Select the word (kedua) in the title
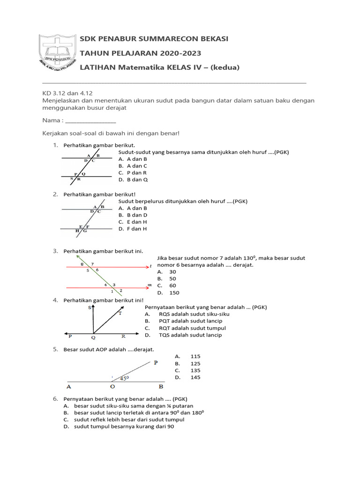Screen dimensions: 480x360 pyautogui.click(x=224, y=67)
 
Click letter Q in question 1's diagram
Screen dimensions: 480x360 pyautogui.click(x=84, y=174)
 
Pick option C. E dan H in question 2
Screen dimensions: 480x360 pyautogui.click(x=133, y=222)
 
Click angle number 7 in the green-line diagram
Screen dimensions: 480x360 pyautogui.click(x=92, y=264)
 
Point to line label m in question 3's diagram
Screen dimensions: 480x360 pyautogui.click(x=149, y=285)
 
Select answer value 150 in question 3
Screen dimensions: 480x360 pyautogui.click(x=174, y=292)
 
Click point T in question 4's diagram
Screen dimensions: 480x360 pyautogui.click(x=120, y=314)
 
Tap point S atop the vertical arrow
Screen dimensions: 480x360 pyautogui.click(x=89, y=307)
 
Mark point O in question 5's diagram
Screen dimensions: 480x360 pyautogui.click(x=112, y=387)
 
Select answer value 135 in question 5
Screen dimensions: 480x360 pyautogui.click(x=195, y=370)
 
